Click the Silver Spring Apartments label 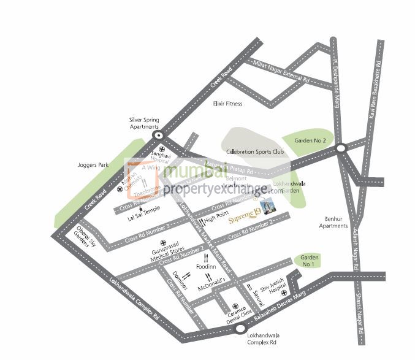(144, 123)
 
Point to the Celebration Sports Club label (255, 152)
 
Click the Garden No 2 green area (310, 141)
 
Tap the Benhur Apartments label (333, 222)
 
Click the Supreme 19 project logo (244, 219)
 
